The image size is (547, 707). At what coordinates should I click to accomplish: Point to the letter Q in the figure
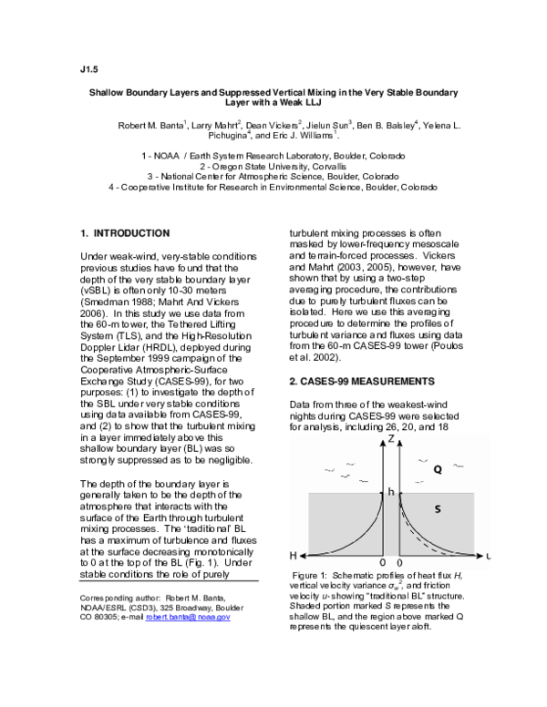(438, 470)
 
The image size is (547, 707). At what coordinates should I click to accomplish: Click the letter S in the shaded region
(437, 509)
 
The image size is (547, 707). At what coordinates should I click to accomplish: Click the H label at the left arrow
(294, 555)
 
